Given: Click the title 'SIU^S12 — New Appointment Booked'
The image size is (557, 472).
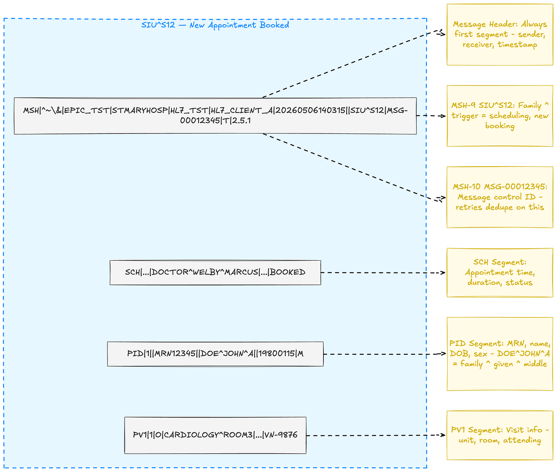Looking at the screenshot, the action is pyautogui.click(x=215, y=25).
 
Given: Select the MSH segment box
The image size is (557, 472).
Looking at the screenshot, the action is pyautogui.click(x=215, y=116).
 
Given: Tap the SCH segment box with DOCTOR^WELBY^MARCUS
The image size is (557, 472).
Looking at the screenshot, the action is pyautogui.click(x=215, y=272).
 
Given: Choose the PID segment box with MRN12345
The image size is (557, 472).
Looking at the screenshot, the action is pyautogui.click(x=215, y=354).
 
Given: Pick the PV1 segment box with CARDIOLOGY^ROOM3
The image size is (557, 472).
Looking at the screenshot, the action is pyautogui.click(x=215, y=435).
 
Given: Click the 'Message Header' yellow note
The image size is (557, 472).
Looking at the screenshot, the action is pyautogui.click(x=500, y=35).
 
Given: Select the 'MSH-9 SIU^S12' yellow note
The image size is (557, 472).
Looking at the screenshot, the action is pyautogui.click(x=500, y=116).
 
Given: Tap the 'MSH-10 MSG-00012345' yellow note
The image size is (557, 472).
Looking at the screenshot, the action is pyautogui.click(x=500, y=197).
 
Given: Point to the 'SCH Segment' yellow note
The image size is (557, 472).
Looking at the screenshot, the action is pyautogui.click(x=500, y=272).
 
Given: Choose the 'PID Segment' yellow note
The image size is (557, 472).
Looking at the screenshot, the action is pyautogui.click(x=500, y=354).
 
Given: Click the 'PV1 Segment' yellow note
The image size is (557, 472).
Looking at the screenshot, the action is pyautogui.click(x=500, y=435).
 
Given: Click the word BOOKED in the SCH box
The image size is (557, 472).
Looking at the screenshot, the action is pyautogui.click(x=288, y=272).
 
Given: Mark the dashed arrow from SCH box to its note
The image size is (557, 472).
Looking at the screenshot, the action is pyautogui.click(x=383, y=273).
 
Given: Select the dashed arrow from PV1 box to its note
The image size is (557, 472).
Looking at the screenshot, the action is pyautogui.click(x=376, y=435).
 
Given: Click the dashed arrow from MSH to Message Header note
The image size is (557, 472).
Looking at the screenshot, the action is pyautogui.click(x=354, y=64).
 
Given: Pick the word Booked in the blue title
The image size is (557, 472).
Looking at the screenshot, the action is pyautogui.click(x=275, y=25).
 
